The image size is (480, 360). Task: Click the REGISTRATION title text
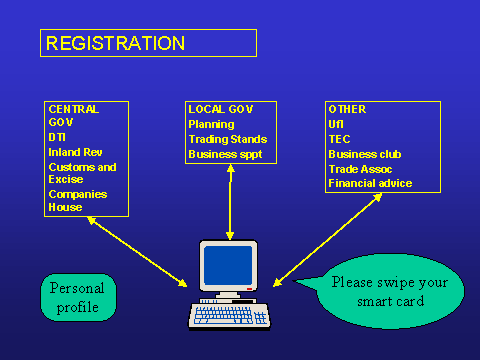coord(115,43)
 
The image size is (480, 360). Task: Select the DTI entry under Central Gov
coord(57,137)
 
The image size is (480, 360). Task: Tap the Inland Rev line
coord(75,152)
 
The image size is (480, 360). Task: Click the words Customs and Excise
coord(82,173)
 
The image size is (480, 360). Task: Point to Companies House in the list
coord(78,201)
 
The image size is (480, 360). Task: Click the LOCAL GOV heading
coord(221,109)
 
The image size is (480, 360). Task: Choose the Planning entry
coord(211,124)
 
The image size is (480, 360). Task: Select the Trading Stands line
coord(228,139)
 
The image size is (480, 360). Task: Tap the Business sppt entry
coord(225,154)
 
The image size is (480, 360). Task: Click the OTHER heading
coord(347,109)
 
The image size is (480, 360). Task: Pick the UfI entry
coord(336,124)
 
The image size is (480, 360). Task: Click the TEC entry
coord(339,139)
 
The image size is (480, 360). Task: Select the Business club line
coord(365,154)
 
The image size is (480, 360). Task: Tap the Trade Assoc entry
coord(360,169)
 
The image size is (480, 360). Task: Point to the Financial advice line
coord(370,183)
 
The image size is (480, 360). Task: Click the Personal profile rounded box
coord(78,297)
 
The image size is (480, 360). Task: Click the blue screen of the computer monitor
coord(228,265)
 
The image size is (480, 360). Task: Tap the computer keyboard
coord(229,316)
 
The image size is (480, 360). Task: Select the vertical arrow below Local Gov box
coord(230,202)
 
